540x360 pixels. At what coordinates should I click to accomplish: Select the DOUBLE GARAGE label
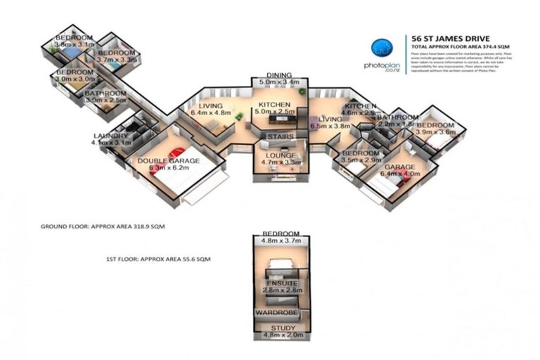(x=168, y=161)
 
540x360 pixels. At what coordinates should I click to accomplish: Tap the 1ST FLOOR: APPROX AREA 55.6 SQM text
(x=154, y=259)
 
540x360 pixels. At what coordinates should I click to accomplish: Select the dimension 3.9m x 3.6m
(x=437, y=132)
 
